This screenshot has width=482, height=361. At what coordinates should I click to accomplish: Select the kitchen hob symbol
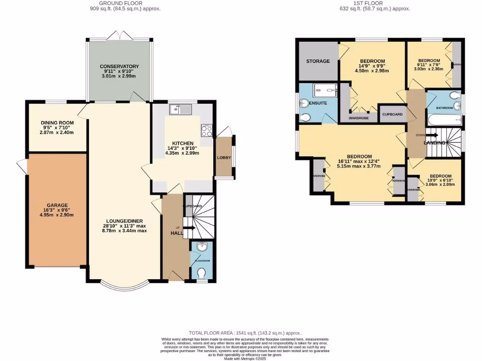point(206,130)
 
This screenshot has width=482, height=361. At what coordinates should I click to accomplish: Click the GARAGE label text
point(57,205)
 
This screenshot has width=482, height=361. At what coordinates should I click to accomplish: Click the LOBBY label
point(224,157)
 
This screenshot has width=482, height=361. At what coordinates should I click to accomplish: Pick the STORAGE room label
point(318,61)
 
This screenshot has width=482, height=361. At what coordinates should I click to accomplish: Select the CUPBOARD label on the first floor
point(392,114)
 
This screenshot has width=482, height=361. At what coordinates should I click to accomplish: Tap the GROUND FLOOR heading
point(121,3)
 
